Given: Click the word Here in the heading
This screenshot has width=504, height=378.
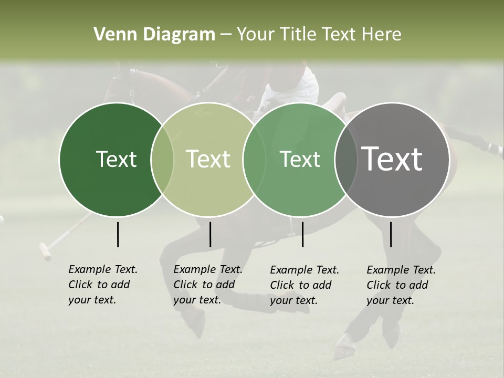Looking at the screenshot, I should [381, 35].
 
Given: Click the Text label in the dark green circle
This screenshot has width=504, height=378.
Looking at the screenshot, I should [116, 159].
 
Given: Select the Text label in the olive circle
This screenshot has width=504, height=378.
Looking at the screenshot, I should [208, 159].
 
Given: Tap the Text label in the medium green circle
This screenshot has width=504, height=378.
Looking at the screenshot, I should [300, 159].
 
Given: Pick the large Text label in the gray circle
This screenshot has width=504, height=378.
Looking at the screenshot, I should [392, 159].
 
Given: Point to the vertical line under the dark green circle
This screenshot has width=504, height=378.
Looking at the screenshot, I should [118, 234].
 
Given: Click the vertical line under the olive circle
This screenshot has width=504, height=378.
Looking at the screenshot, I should [210, 234].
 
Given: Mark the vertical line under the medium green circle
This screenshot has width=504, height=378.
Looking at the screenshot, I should [302, 234].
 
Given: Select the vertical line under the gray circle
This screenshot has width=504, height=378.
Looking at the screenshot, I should [391, 234].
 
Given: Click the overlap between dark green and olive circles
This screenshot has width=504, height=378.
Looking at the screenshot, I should [162, 160].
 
